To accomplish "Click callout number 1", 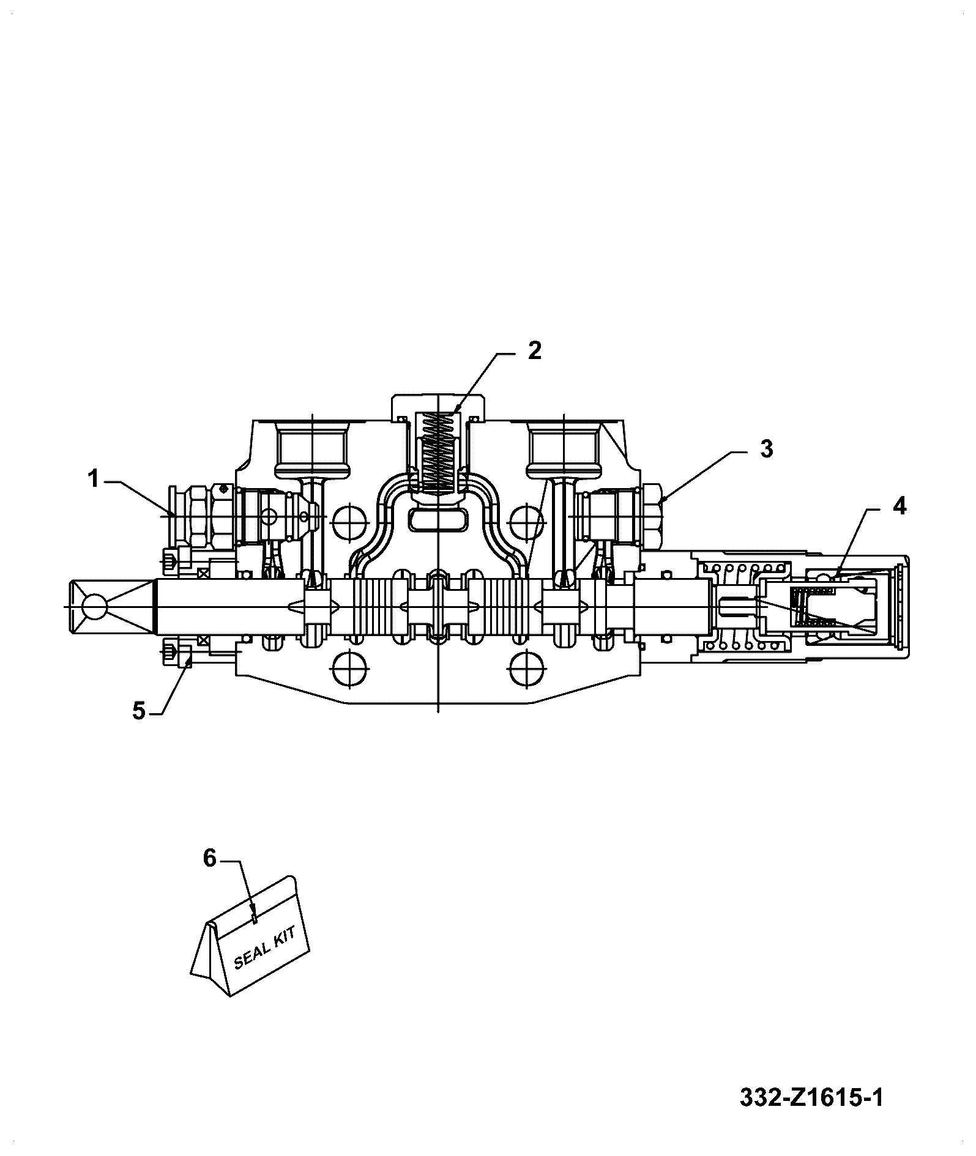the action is tap(93, 480).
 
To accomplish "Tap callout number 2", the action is tap(534, 351).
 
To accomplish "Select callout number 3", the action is tap(766, 449).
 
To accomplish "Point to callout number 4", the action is tap(898, 506).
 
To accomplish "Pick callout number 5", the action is tap(140, 711).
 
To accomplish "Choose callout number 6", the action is tap(210, 859).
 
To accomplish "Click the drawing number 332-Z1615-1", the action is tap(811, 1098).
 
